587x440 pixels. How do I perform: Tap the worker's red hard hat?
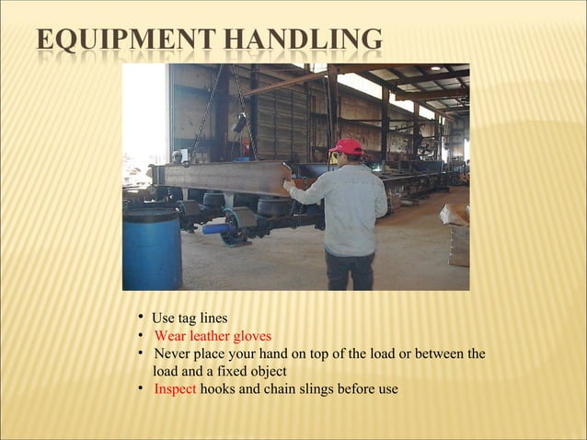(347, 146)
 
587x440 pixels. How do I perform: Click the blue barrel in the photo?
(151, 250)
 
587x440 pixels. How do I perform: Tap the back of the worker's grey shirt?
(351, 207)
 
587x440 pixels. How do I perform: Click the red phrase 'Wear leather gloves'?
(213, 336)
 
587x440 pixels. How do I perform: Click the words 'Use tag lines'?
(190, 318)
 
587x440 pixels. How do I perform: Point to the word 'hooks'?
(217, 388)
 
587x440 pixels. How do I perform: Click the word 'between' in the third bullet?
(440, 353)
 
